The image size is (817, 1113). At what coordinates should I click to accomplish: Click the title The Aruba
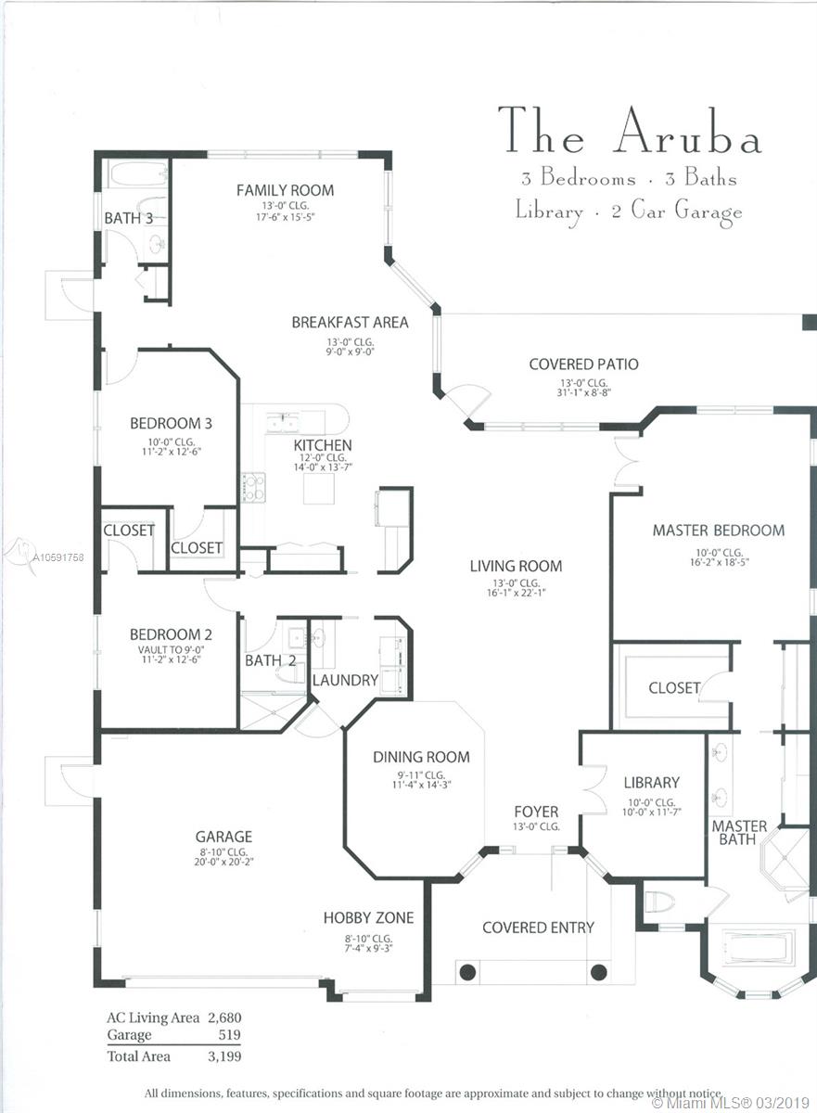click(x=630, y=130)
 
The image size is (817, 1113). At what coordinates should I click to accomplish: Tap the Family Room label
click(x=285, y=190)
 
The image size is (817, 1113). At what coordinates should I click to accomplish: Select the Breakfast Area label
click(x=351, y=323)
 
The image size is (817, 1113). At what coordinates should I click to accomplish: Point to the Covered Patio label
click(x=583, y=365)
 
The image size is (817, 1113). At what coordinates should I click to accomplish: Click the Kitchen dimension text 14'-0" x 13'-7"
click(x=323, y=467)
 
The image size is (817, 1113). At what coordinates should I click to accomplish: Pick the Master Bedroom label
click(x=719, y=531)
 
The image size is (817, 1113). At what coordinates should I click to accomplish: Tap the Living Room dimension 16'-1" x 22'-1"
click(x=516, y=593)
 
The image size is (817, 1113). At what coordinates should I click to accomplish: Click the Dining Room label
click(x=421, y=757)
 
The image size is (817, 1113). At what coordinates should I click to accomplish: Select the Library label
click(x=652, y=783)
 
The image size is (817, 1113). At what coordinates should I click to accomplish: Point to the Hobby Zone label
click(x=368, y=917)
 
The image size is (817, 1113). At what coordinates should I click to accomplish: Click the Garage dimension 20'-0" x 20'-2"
click(x=224, y=862)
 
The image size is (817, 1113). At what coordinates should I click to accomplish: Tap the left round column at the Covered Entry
click(x=467, y=972)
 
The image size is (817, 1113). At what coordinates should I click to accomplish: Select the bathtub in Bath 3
click(x=138, y=174)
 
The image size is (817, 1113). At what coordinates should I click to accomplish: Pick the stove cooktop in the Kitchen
click(x=253, y=488)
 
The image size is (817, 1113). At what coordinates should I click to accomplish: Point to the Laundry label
click(x=346, y=680)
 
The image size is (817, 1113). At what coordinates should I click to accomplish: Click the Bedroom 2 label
click(x=171, y=634)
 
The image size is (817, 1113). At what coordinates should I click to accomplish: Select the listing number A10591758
click(x=58, y=557)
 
